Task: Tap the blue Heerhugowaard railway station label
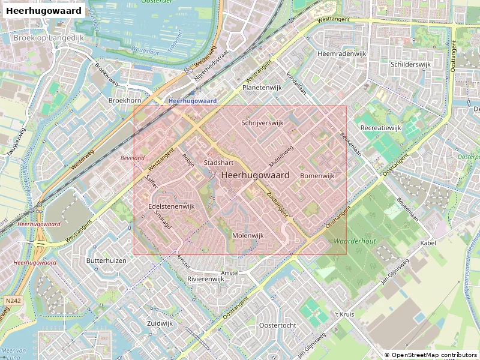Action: coord(192,101)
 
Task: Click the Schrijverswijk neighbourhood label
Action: coord(262,122)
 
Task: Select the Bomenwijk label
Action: coord(317,176)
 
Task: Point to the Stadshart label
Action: coord(218,163)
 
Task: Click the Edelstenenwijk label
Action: coord(172,206)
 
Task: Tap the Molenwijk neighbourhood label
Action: coord(248,236)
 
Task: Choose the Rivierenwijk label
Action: coord(206,279)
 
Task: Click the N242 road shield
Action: coord(12,300)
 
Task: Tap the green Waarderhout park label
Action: coord(355,240)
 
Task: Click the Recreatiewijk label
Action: coord(380,128)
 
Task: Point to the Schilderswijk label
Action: coord(410,64)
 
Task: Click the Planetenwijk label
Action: coord(262,88)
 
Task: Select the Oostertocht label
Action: coord(277,325)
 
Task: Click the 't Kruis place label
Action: coord(345,314)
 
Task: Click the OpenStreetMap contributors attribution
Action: coord(430,355)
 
